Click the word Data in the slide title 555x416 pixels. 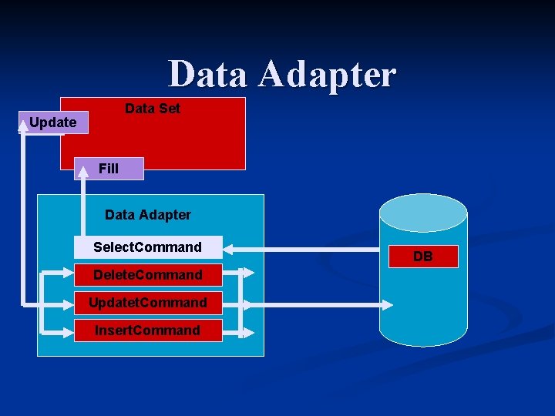(x=208, y=75)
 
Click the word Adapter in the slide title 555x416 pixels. (x=327, y=75)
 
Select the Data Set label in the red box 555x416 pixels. (x=153, y=109)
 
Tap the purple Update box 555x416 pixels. (x=53, y=122)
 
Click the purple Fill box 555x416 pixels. (x=109, y=169)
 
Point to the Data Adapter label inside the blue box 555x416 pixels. (x=148, y=215)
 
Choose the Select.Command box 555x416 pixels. (x=147, y=247)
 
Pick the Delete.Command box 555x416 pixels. (x=147, y=275)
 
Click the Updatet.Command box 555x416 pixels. (x=147, y=303)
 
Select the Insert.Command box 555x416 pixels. (x=147, y=330)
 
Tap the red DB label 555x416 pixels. (x=422, y=257)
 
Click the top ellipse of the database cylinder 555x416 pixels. (x=423, y=212)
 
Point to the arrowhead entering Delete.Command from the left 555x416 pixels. (x=68, y=273)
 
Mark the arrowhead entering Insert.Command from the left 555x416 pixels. (x=68, y=332)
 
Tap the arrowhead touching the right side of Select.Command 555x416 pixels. (x=229, y=248)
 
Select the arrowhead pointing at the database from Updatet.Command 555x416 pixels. (x=386, y=304)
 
